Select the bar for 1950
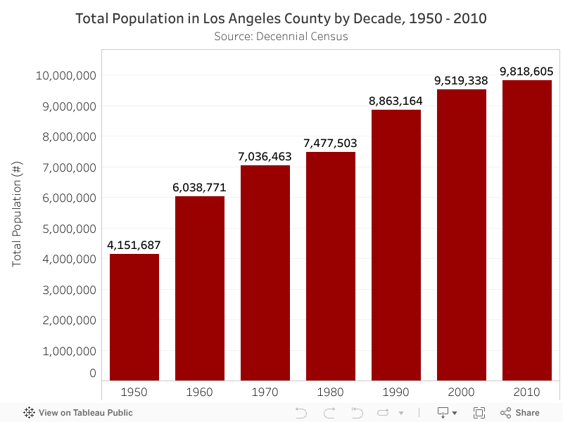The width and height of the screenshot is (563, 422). (x=134, y=317)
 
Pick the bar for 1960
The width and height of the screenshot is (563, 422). (x=200, y=288)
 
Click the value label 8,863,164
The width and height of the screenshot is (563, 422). (x=396, y=101)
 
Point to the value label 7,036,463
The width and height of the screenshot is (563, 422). (x=265, y=156)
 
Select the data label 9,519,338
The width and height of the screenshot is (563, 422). (x=461, y=81)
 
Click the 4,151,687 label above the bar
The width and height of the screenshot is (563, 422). (x=134, y=245)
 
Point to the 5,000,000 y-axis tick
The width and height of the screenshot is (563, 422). (x=65, y=229)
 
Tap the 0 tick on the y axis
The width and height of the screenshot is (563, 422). (x=92, y=373)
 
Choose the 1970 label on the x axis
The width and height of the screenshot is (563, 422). (x=265, y=392)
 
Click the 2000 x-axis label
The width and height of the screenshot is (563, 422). (x=461, y=392)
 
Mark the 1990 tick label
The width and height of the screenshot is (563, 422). (x=396, y=392)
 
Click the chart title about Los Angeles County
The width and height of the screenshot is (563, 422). (x=281, y=18)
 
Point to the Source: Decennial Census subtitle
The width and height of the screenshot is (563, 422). (x=281, y=36)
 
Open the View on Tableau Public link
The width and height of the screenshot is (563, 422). (x=78, y=413)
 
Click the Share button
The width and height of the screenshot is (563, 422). (x=520, y=413)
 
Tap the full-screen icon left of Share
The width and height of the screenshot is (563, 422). (x=479, y=413)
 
